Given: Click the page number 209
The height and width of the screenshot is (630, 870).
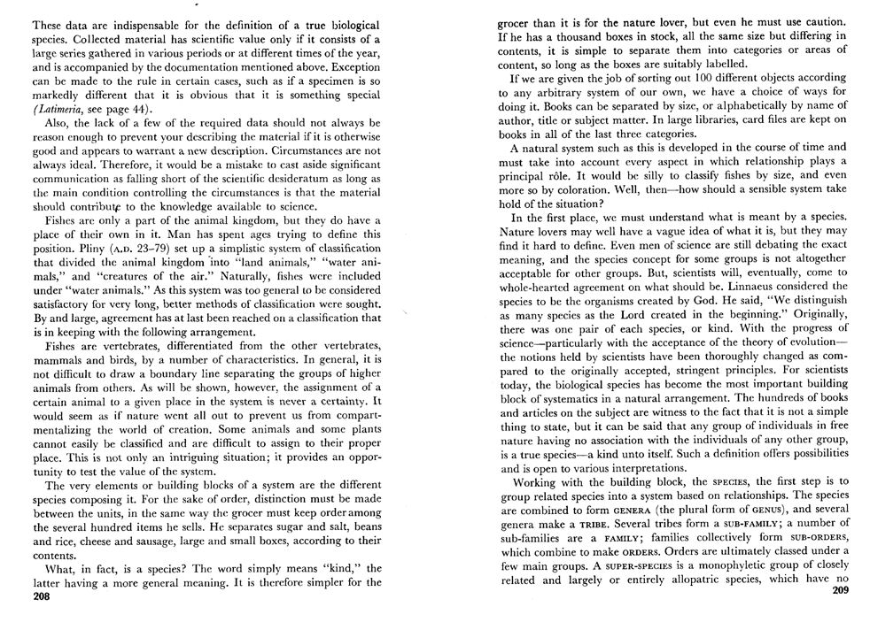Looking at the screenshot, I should tap(840, 591).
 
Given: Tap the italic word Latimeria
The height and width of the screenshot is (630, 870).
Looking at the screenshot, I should tap(62, 108).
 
